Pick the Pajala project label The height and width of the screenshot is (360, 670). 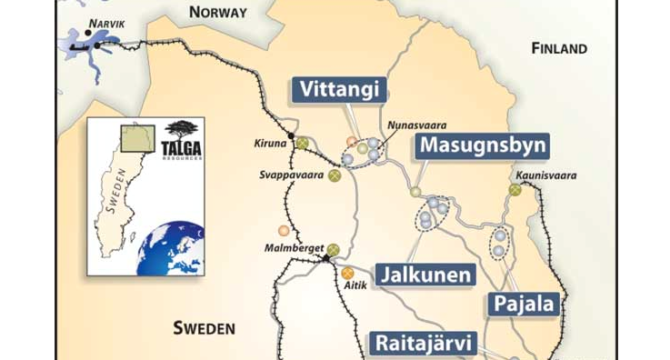point(524,304)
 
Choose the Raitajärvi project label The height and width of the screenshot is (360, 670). point(423,343)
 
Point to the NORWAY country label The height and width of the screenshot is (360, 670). point(217,13)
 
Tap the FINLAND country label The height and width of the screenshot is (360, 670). point(560,48)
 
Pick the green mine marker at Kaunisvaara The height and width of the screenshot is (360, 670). point(515,190)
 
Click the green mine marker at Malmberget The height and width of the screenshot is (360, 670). point(333,248)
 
